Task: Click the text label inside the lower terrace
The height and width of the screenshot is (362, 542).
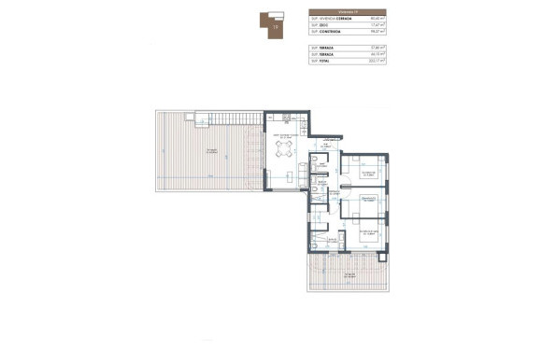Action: tap(348, 276)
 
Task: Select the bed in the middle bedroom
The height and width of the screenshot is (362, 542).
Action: tap(372, 203)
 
